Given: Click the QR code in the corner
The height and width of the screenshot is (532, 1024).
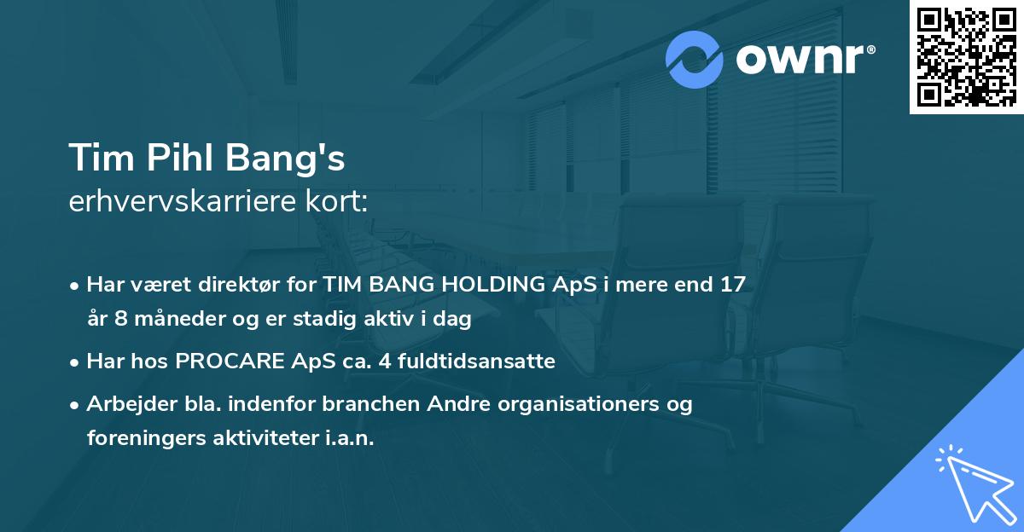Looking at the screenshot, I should pyautogui.click(x=966, y=57).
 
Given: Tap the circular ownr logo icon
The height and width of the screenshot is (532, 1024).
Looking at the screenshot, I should pyautogui.click(x=695, y=59).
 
